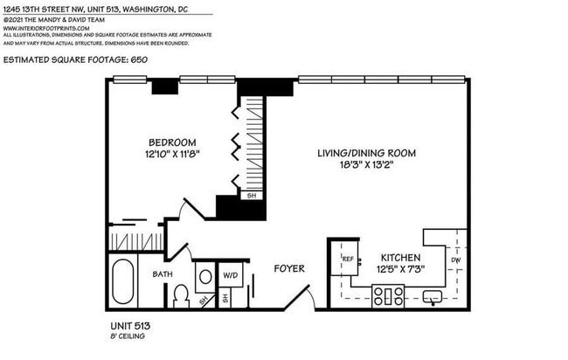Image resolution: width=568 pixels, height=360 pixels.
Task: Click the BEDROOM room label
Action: coord(172,142)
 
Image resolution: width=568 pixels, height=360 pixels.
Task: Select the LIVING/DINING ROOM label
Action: coord(366,152)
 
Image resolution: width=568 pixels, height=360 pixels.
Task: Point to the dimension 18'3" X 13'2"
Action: coord(366,164)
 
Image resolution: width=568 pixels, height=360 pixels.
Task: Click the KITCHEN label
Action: coord(401,258)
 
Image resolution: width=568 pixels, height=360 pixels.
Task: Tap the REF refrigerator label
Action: coord(347,259)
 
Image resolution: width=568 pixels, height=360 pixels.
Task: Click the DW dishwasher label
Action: coord(454,260)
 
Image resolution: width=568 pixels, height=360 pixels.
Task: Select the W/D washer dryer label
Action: coord(231,273)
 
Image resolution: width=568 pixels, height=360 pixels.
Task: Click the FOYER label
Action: coord(289,268)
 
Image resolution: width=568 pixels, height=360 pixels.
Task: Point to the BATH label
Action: coord(163,274)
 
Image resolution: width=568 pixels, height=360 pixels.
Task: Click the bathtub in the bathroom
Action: coord(124,283)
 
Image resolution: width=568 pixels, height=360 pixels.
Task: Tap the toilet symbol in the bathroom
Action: coord(182,296)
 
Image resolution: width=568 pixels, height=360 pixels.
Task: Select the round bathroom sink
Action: coord(205,276)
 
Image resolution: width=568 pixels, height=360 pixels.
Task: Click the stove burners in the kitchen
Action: coord(386,297)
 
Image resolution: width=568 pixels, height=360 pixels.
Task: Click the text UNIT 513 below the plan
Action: coord(121,326)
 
